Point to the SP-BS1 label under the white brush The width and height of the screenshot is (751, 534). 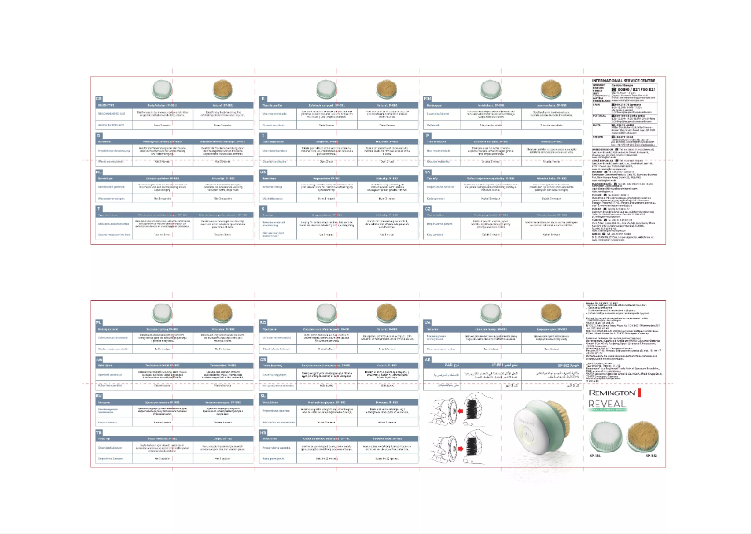pos(596,455)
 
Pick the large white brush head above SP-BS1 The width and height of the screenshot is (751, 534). pos(596,437)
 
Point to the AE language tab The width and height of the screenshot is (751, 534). pos(428,361)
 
